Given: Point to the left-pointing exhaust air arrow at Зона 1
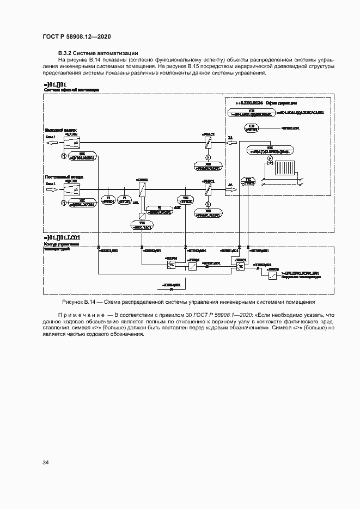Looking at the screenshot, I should click(x=51, y=143).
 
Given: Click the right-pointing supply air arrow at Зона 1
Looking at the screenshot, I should click(x=51, y=190).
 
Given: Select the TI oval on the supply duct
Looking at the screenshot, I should click(x=108, y=199).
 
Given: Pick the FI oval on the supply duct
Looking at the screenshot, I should click(x=124, y=199).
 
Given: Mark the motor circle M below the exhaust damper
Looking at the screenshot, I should click(x=63, y=157).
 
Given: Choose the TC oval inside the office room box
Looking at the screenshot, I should click(x=248, y=181).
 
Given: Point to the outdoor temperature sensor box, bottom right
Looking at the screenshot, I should click(x=272, y=276).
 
